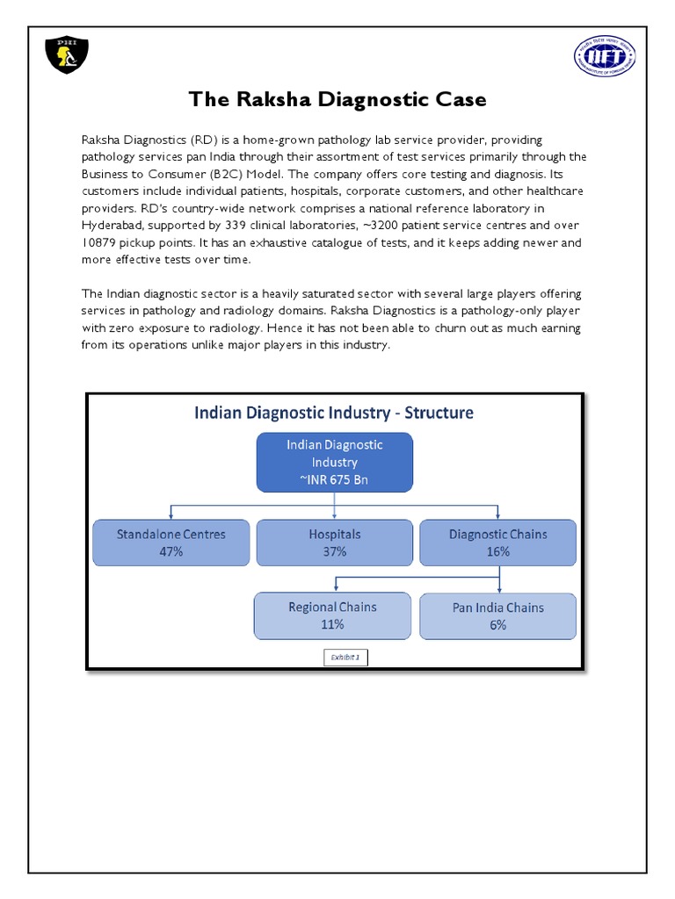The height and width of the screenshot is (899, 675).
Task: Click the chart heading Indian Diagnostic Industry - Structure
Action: pos(334,412)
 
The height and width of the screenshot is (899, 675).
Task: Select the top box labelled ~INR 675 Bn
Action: pos(334,462)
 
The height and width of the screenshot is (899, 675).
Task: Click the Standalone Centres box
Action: pos(171,542)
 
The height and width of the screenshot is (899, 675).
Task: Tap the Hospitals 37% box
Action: pos(334,542)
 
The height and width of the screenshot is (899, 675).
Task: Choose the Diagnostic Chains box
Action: pos(498,542)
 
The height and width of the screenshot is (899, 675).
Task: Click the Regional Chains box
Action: pos(332,615)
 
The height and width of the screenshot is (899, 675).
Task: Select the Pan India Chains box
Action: pos(498,615)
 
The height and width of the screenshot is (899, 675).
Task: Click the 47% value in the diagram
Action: pos(171,551)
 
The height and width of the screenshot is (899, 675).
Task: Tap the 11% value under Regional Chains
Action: pos(332,625)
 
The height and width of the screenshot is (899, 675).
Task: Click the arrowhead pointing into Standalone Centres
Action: pos(171,516)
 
